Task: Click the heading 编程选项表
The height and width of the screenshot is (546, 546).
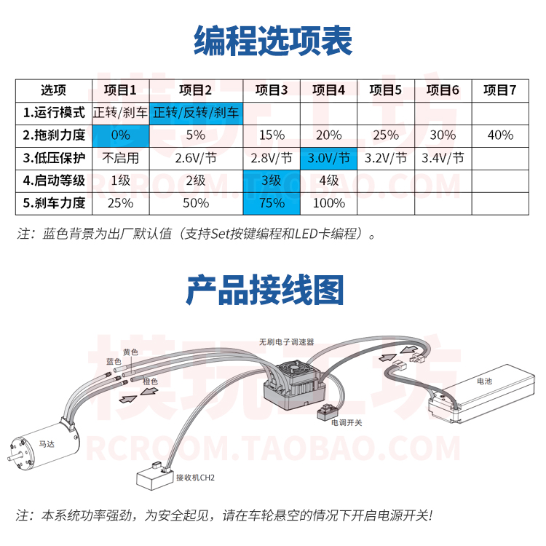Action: tap(272, 41)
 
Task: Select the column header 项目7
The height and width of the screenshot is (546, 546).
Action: tap(499, 90)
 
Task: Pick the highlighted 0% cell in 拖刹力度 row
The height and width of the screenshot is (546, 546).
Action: tap(120, 135)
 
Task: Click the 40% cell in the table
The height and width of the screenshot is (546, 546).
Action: tap(499, 135)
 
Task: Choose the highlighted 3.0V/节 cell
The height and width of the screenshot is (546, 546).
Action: tap(328, 158)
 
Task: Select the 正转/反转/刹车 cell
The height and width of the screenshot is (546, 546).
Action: tap(196, 113)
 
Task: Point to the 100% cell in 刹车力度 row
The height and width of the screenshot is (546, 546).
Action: tap(328, 203)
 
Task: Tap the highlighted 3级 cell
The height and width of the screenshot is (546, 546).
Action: tap(272, 181)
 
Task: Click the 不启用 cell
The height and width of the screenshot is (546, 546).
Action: tap(120, 158)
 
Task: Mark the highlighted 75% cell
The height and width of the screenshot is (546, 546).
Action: tap(272, 203)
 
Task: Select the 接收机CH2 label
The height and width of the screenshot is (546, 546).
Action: tap(196, 478)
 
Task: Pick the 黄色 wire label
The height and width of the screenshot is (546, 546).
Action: tap(130, 352)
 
